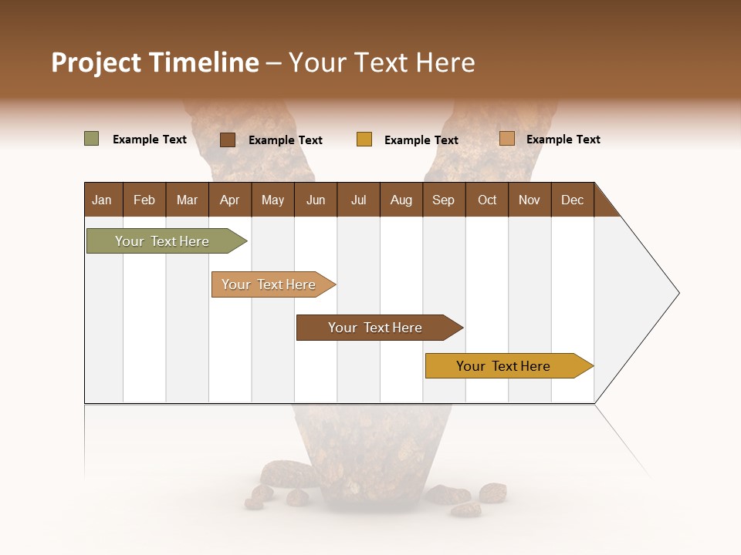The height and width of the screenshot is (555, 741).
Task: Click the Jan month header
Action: click(102, 200)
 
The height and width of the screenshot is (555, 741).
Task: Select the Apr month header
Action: click(229, 200)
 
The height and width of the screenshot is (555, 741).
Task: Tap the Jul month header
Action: click(358, 200)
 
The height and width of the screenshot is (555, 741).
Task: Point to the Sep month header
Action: click(443, 200)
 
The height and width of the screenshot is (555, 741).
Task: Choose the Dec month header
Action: click(572, 200)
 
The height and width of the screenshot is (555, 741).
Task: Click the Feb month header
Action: click(144, 200)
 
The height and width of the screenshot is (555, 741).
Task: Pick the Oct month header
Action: click(487, 200)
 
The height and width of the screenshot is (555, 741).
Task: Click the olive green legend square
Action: click(91, 139)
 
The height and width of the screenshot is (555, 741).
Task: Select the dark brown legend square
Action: click(228, 140)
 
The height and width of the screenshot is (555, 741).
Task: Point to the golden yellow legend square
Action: click(364, 140)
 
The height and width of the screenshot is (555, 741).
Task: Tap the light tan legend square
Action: click(507, 139)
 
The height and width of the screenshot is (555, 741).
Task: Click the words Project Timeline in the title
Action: click(154, 62)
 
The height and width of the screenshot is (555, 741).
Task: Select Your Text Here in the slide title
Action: click(382, 62)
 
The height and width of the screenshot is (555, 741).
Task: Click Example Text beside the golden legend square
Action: click(421, 140)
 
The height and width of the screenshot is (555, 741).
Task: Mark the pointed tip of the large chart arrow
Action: click(678, 293)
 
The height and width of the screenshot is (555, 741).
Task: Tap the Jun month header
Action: click(316, 200)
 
